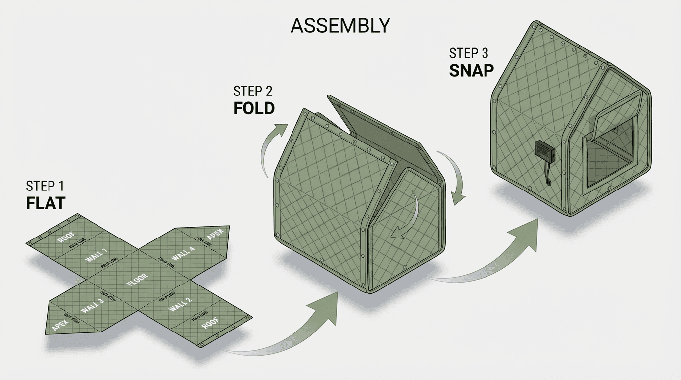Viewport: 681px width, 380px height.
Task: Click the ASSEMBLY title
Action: tap(340, 25)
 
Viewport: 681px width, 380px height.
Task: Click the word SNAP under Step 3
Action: tap(471, 70)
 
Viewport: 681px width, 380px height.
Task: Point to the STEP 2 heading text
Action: tap(253, 91)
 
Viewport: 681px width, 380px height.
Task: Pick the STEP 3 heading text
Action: tap(471, 53)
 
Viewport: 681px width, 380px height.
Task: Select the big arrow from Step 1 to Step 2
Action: tap(292, 327)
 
